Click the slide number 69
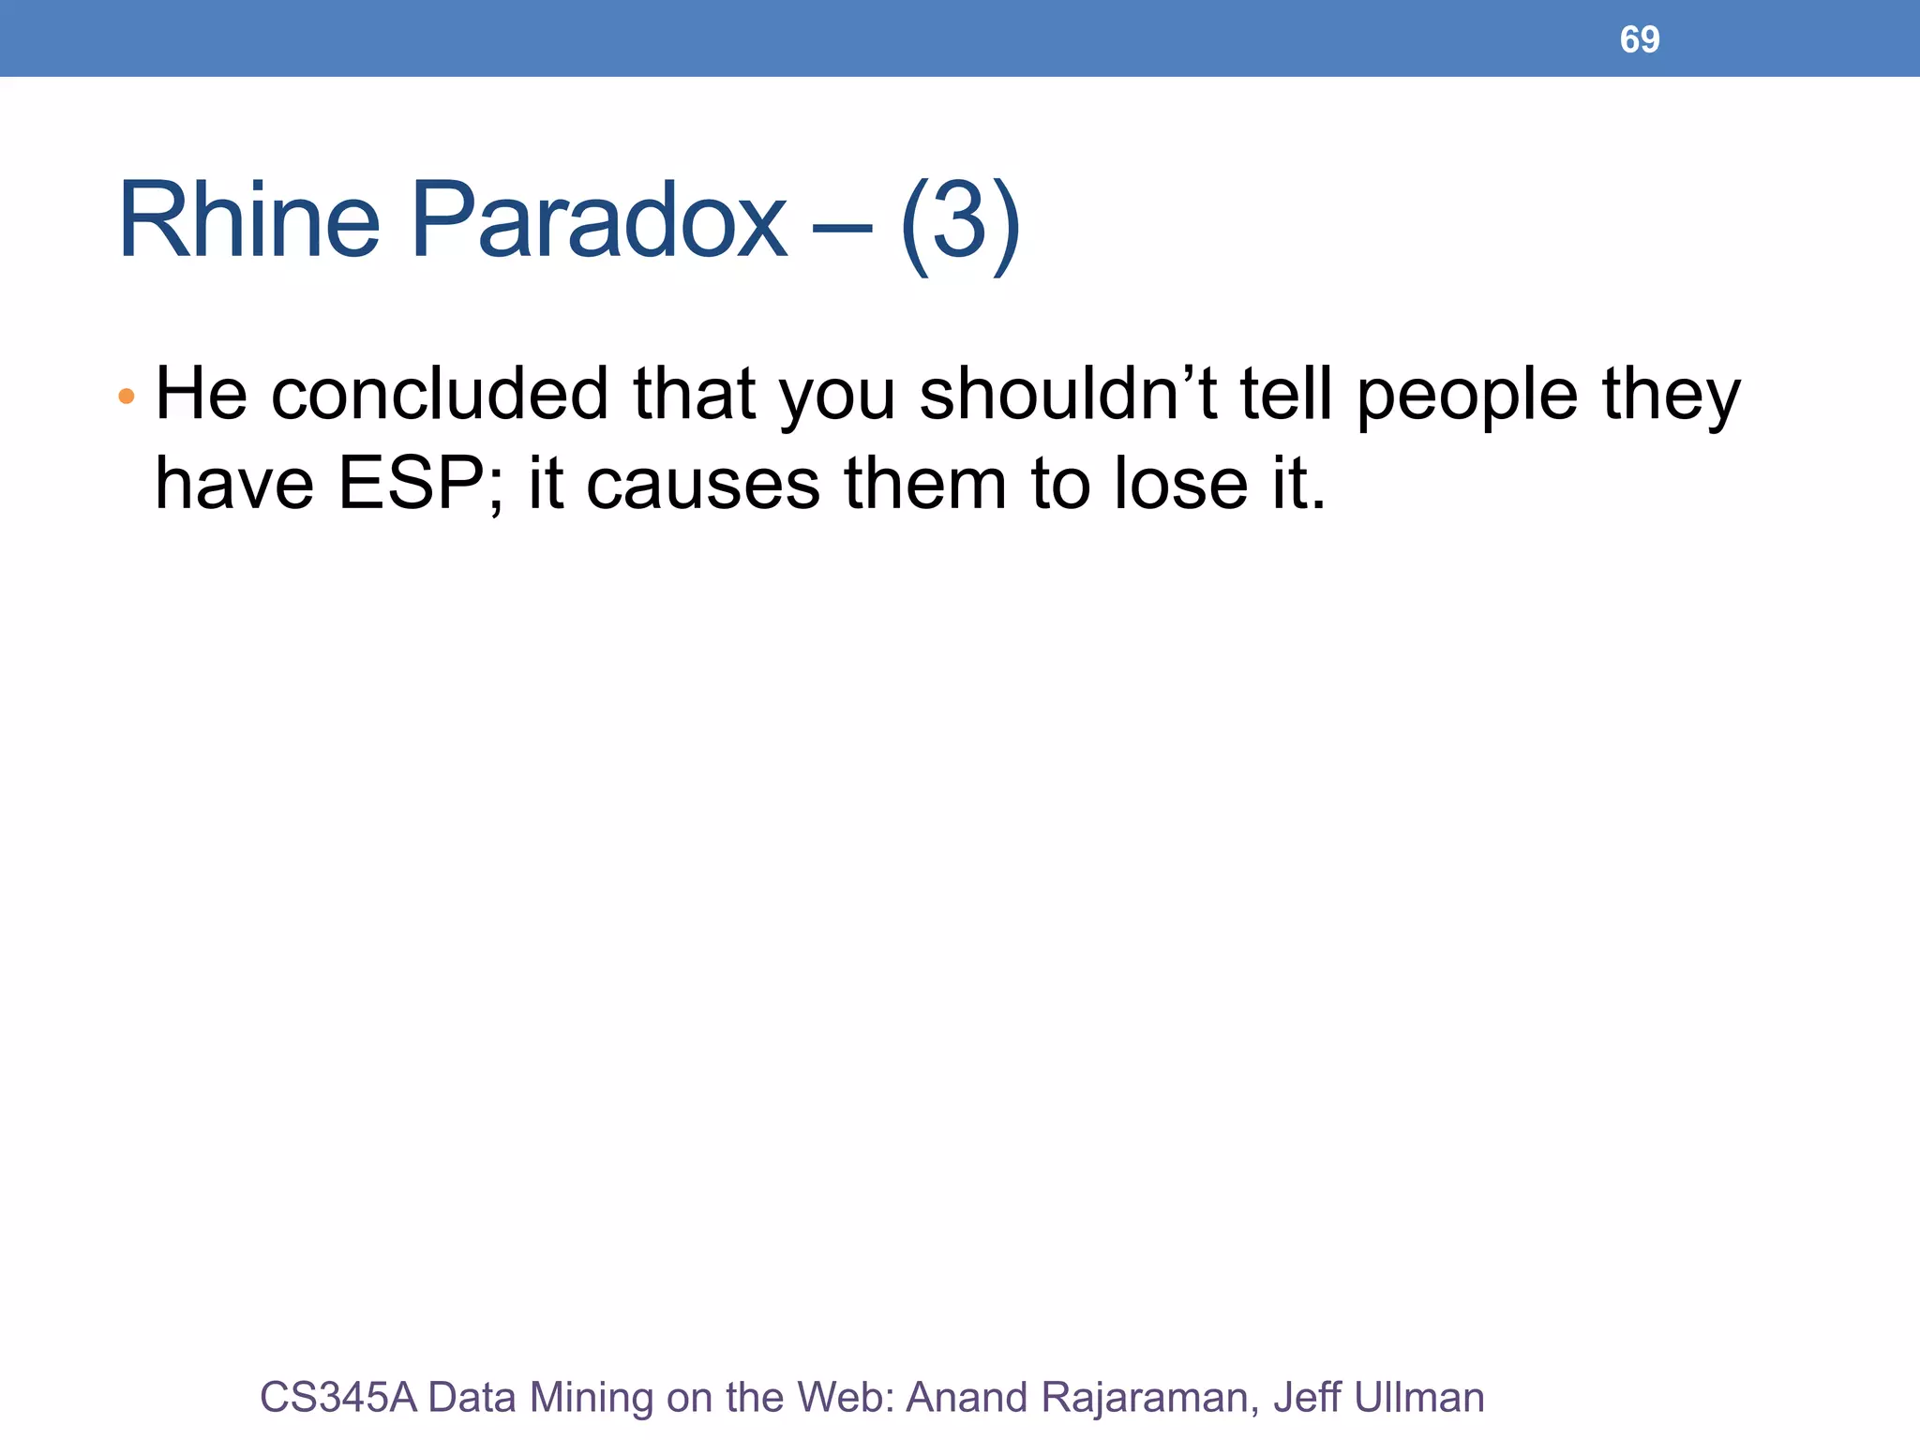click(1640, 39)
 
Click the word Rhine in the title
click(249, 221)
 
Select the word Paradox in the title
click(599, 221)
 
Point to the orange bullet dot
click(127, 397)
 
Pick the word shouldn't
click(1068, 394)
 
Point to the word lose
click(1180, 484)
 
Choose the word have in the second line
click(233, 484)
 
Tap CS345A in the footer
click(337, 1397)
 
